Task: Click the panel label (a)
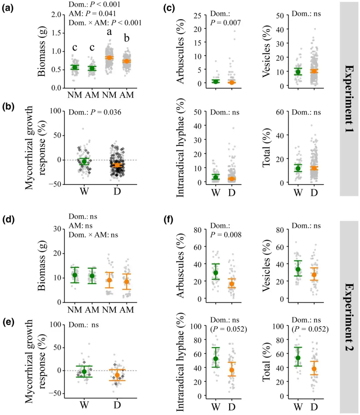click(8, 8)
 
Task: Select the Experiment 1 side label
click(349, 99)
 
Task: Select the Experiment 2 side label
click(349, 317)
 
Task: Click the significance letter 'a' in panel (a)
click(109, 32)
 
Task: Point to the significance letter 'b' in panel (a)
click(127, 38)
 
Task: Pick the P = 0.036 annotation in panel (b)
click(95, 112)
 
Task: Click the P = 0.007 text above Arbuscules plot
click(225, 23)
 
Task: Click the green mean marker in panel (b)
click(84, 162)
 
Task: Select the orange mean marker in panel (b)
click(117, 165)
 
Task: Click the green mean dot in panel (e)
click(84, 372)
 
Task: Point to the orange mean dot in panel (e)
click(117, 375)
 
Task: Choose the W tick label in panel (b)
click(84, 192)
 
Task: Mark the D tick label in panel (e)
click(117, 405)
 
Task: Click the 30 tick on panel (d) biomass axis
click(57, 229)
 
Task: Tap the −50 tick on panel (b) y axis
click(55, 184)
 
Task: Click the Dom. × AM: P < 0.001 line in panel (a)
click(105, 23)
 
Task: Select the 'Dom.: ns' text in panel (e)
click(84, 325)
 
